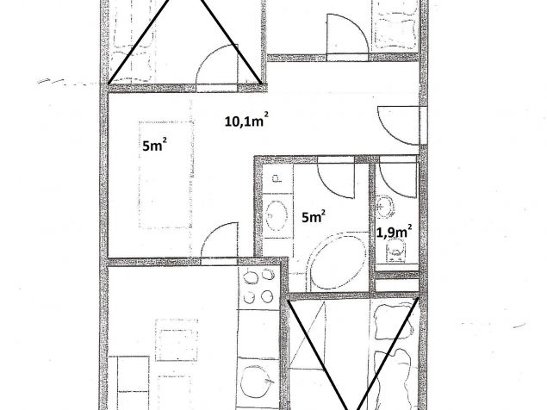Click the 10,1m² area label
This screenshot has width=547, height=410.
point(246,121)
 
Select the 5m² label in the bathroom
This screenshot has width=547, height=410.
point(314,217)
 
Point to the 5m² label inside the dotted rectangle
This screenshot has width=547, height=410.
point(154,146)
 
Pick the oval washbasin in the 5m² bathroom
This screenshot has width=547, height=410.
point(277,216)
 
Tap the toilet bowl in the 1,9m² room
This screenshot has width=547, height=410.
point(395,251)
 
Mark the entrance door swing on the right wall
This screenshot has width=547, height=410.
point(399,125)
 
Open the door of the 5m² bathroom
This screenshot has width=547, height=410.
point(336,177)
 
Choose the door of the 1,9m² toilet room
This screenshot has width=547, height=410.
point(398,177)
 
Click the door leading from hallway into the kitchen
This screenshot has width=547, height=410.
point(220,241)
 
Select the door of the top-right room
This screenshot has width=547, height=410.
point(347,34)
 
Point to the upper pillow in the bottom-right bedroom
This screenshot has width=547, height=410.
point(394,321)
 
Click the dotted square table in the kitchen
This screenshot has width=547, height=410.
point(177,339)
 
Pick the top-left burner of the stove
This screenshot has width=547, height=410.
point(251,278)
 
